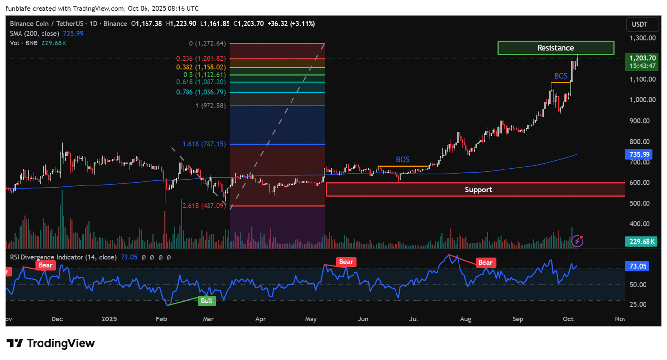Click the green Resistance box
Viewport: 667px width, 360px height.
pos(556,48)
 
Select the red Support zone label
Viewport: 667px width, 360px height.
pos(478,190)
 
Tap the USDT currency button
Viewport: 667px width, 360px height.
pos(640,24)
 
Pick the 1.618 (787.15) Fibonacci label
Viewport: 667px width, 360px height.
pos(204,144)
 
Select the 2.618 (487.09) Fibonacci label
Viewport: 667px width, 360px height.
pos(204,206)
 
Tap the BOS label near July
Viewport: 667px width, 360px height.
pos(403,160)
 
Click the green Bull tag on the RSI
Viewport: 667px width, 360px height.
pos(207,301)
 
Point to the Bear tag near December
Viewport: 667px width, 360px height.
pos(45,265)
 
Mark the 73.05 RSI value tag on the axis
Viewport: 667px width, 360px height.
pos(638,266)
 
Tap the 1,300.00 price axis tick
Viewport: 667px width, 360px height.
pos(642,38)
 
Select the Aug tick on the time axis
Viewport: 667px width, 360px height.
pos(465,319)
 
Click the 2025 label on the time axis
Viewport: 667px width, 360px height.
pos(109,319)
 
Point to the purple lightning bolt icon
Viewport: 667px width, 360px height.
pos(577,241)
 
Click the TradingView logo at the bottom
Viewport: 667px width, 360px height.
pos(51,343)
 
